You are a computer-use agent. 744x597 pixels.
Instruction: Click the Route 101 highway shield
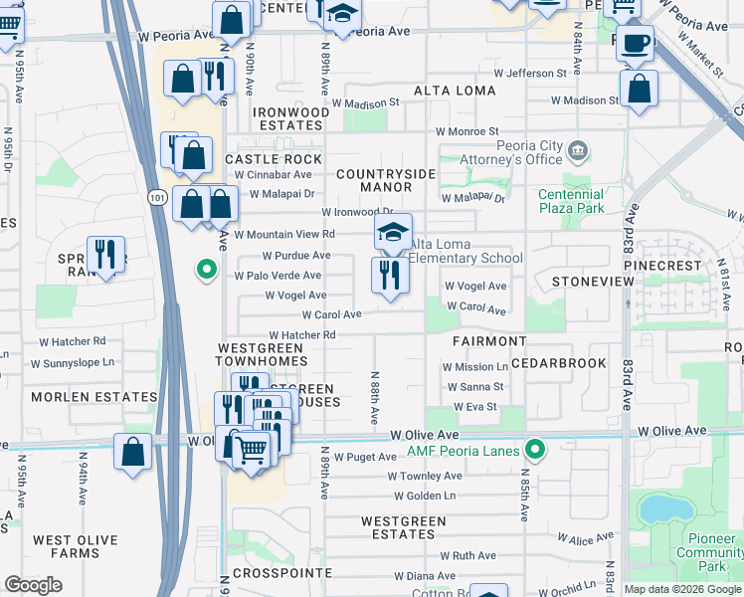pyautogui.click(x=156, y=198)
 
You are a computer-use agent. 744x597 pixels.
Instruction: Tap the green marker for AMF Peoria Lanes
pyautogui.click(x=535, y=452)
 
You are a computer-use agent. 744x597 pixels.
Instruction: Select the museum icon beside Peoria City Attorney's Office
pyautogui.click(x=578, y=152)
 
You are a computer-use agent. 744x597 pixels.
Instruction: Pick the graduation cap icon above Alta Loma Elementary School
pyautogui.click(x=393, y=232)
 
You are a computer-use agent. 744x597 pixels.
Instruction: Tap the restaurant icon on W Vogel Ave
pyautogui.click(x=390, y=275)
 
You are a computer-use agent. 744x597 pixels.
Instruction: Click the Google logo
pyautogui.click(x=34, y=584)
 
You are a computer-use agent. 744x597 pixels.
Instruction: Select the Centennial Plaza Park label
pyautogui.click(x=571, y=202)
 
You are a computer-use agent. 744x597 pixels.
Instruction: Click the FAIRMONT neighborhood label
pyautogui.click(x=488, y=341)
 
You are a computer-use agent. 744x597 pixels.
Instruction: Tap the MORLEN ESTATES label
pyautogui.click(x=93, y=397)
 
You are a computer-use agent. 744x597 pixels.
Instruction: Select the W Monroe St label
pyautogui.click(x=466, y=131)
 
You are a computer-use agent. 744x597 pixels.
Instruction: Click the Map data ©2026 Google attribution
pyautogui.click(x=682, y=589)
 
